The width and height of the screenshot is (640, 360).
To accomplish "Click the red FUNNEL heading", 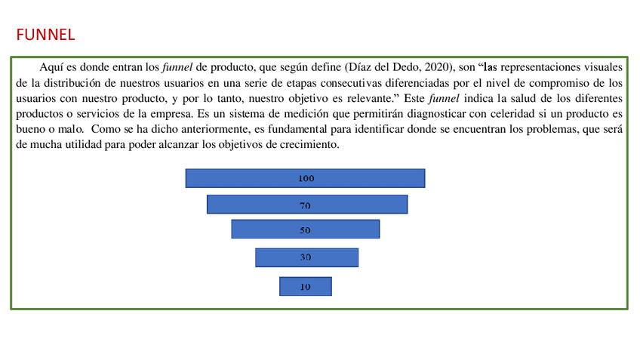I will [x=45, y=35].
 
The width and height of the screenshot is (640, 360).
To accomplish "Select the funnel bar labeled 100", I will [x=305, y=178].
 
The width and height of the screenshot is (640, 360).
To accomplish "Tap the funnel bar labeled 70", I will [x=306, y=205].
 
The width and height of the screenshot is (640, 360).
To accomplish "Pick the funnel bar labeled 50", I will [x=305, y=229].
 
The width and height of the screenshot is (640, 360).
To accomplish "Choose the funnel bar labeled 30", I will [x=306, y=257].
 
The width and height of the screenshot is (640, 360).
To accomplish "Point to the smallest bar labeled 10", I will [x=305, y=286].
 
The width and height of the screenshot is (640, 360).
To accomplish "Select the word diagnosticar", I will [x=391, y=113].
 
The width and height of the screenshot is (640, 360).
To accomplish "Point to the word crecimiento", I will [x=306, y=144].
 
